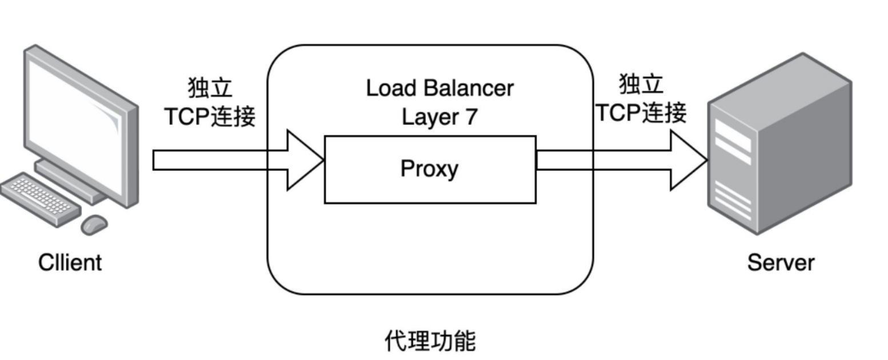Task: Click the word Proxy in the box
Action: (x=429, y=169)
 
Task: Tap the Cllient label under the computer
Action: (x=70, y=263)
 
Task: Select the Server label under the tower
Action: (x=781, y=263)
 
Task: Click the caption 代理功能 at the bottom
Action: (x=430, y=341)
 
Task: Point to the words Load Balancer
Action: (x=439, y=89)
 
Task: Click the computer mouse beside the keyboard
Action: (x=94, y=224)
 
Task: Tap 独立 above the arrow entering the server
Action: (x=641, y=85)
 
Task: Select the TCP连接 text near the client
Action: (x=210, y=117)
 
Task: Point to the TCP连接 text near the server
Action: (x=641, y=113)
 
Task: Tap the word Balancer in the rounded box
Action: (x=469, y=89)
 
